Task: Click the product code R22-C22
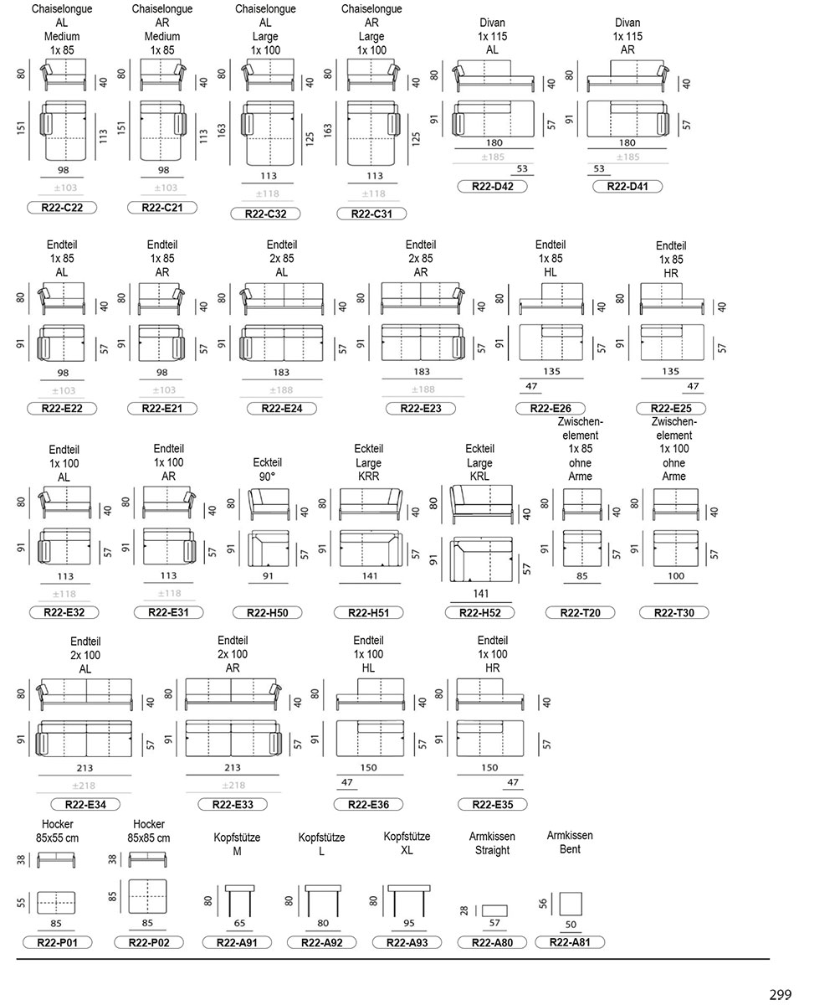click(x=62, y=208)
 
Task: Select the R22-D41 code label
click(x=627, y=186)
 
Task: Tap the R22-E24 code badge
click(x=282, y=408)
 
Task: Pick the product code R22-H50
click(x=268, y=612)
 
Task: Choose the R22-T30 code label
click(x=674, y=612)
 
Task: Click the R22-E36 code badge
click(x=368, y=804)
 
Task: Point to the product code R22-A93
click(x=407, y=942)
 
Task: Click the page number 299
click(x=781, y=991)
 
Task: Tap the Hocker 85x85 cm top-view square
click(x=147, y=896)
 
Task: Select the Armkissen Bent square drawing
click(x=571, y=904)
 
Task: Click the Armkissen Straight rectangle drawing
click(x=494, y=910)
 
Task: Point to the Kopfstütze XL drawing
click(x=409, y=901)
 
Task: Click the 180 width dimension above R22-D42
click(x=494, y=142)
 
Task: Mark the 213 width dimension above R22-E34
click(x=85, y=768)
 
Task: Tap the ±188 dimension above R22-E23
click(x=423, y=389)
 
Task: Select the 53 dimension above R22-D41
click(x=599, y=168)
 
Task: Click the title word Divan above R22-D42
click(x=492, y=23)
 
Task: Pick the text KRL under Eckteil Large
click(x=479, y=476)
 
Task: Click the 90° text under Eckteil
click(x=268, y=477)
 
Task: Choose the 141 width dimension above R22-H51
click(x=370, y=575)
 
